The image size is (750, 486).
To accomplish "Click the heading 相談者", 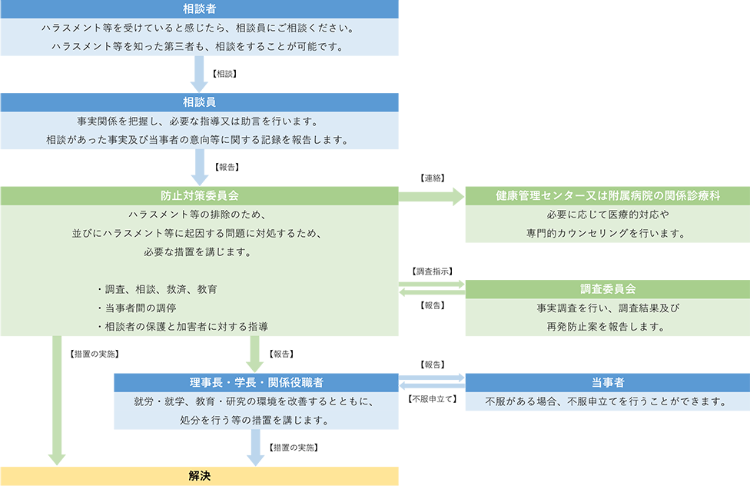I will click(199, 9).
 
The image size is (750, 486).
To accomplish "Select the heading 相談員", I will click(199, 102).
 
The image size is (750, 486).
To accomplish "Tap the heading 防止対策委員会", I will click(199, 195).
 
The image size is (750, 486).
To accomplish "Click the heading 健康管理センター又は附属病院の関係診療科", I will click(607, 195).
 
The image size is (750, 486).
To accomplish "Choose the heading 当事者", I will click(607, 382).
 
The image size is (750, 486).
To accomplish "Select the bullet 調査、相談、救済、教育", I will click(157, 289).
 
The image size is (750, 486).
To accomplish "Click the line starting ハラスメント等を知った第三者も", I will click(199, 47).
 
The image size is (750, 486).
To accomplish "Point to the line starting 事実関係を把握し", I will click(199, 121).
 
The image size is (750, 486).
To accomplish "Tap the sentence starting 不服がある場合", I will click(607, 401).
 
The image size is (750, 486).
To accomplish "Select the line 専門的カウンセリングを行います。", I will click(607, 233).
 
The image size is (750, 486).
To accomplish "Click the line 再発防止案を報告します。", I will click(607, 327).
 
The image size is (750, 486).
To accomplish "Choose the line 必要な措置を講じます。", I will click(199, 251).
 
